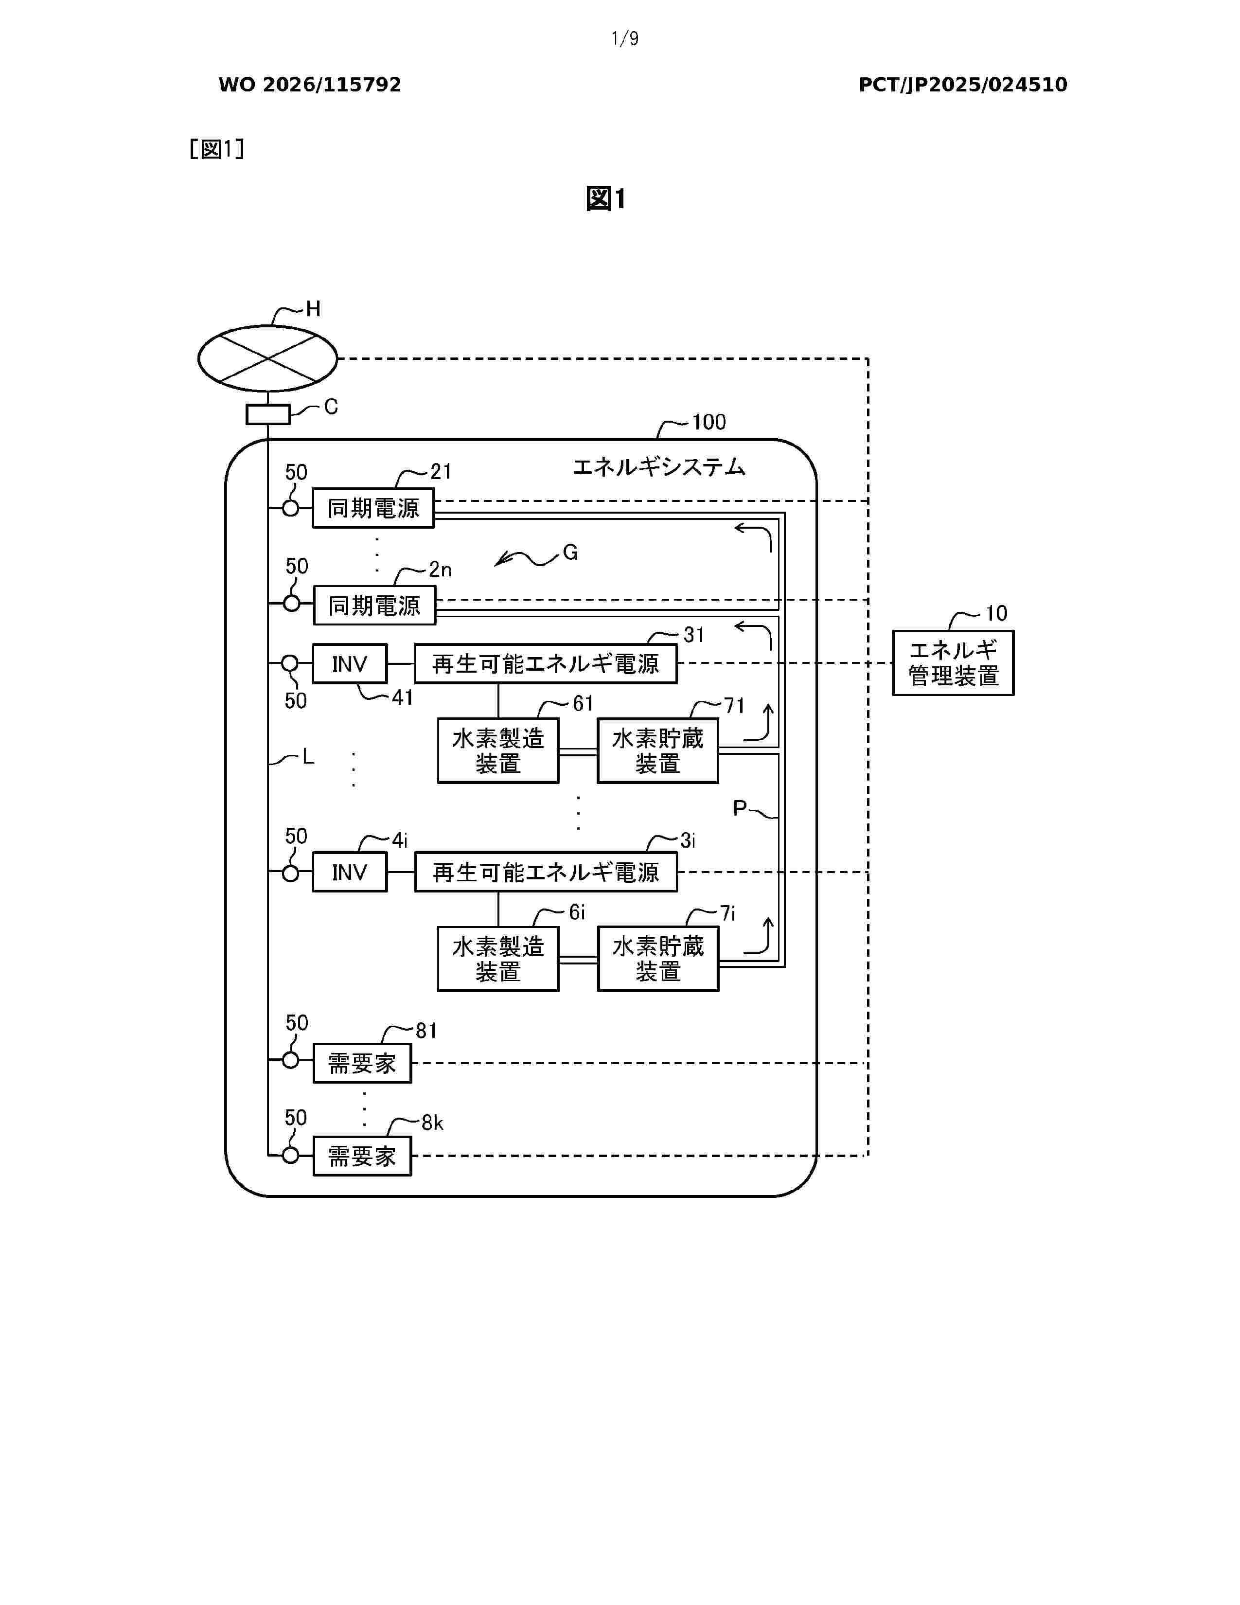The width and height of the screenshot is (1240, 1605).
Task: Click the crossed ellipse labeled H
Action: (267, 358)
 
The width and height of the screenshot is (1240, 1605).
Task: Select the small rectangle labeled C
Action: (267, 414)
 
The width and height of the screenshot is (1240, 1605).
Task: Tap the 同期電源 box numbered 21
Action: (373, 508)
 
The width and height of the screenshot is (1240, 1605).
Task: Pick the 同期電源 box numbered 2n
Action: (374, 605)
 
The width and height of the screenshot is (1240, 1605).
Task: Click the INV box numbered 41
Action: (350, 664)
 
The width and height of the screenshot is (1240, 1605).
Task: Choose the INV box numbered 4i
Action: (350, 873)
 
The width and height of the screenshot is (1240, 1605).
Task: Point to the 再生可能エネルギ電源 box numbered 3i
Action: (546, 873)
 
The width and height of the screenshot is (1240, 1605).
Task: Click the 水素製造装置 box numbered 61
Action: (498, 750)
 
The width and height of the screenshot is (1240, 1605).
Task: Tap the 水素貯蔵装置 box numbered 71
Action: (657, 750)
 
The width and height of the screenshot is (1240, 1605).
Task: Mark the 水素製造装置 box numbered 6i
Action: (498, 959)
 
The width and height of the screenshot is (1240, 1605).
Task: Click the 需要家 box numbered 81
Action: (362, 1063)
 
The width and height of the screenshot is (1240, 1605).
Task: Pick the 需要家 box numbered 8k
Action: (362, 1156)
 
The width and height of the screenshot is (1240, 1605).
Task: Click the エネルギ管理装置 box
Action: (953, 663)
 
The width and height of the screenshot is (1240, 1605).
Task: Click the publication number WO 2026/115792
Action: (310, 85)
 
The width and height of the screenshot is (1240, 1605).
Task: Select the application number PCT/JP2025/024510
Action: (963, 85)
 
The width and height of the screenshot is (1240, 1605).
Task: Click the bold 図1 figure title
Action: (606, 198)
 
